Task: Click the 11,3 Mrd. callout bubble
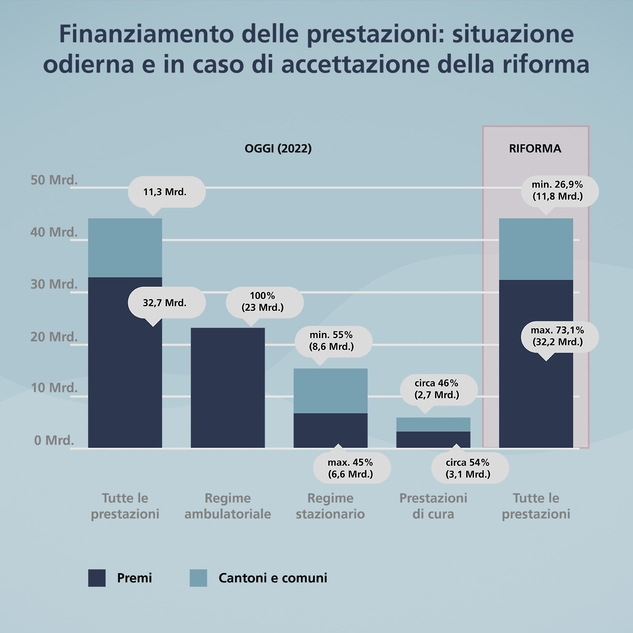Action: (166, 192)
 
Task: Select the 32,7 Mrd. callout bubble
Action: (166, 303)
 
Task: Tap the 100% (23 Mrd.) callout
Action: (264, 302)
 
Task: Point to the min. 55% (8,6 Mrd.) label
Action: (333, 341)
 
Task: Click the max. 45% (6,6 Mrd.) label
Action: (352, 468)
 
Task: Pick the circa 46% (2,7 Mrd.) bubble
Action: (438, 389)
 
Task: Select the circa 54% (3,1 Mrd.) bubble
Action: (470, 468)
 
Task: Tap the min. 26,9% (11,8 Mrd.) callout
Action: (559, 190)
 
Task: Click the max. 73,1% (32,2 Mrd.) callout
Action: (559, 336)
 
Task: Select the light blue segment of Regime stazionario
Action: (330, 391)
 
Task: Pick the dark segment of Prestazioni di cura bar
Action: (433, 439)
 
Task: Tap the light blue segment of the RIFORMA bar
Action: (536, 249)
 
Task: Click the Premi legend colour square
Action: (97, 578)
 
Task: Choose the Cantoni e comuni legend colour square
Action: (198, 578)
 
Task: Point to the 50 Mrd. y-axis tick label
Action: (54, 180)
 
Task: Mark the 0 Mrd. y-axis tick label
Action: (54, 440)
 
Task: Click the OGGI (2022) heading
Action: (278, 149)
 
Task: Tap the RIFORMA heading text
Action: (535, 149)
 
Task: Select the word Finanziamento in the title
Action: (146, 34)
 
